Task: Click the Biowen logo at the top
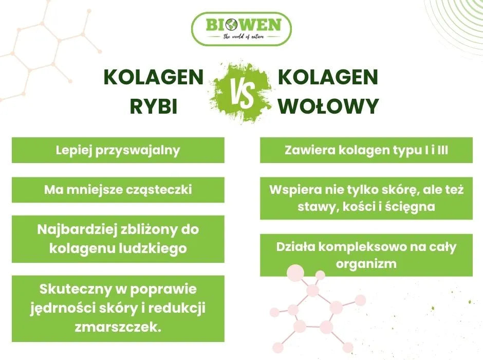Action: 241,28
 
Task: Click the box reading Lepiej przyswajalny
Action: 118,150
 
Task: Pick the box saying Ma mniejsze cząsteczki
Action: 118,190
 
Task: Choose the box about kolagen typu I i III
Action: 366,150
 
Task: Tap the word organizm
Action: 366,264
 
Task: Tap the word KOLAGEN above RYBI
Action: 154,78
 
